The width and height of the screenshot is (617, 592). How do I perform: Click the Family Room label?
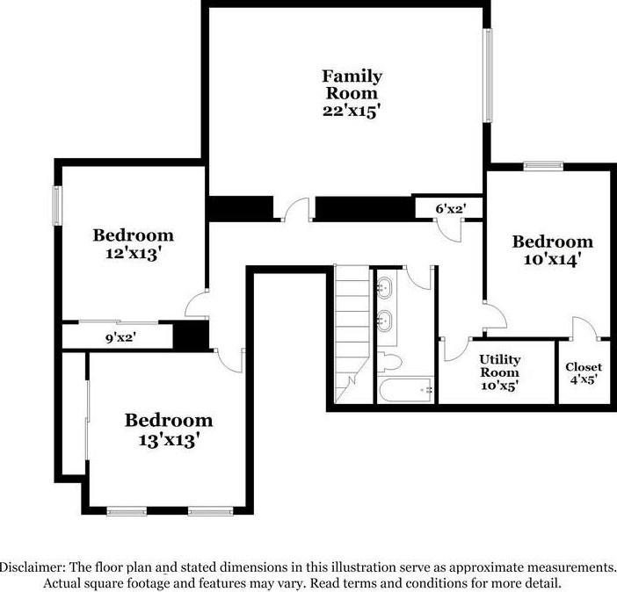coord(350,84)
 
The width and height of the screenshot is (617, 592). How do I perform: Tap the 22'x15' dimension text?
coord(350,112)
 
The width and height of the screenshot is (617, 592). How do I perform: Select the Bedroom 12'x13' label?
coord(134,235)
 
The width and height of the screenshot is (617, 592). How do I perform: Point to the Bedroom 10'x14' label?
coord(553,242)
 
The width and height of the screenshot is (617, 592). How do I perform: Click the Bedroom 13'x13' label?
coord(168,420)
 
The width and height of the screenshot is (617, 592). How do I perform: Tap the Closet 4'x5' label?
coord(584,366)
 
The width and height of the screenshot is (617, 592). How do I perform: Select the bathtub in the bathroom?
coord(406,387)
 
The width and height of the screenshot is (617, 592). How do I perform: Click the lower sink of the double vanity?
coord(384,319)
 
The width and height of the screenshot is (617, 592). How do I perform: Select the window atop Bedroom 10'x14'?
coord(543,164)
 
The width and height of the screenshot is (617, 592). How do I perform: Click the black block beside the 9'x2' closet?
coord(189,336)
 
